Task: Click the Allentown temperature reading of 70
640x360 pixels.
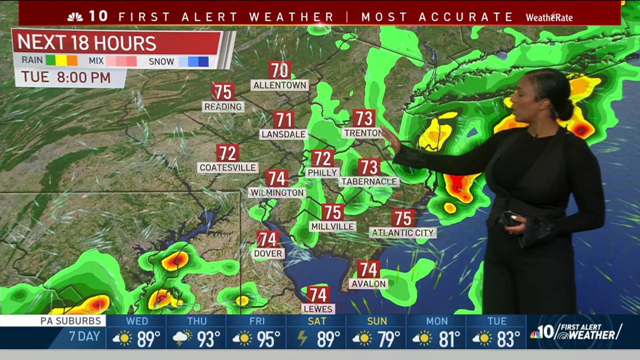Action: [279, 70]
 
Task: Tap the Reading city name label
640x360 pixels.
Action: [223, 107]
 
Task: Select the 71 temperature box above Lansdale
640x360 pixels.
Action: [284, 119]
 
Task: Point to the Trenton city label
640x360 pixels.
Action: [363, 132]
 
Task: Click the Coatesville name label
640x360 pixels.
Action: [228, 167]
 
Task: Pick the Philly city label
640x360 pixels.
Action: [323, 172]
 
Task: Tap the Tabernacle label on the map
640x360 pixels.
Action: [369, 181]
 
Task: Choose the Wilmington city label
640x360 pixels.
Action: [277, 192]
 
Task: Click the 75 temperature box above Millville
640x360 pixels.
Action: [333, 212]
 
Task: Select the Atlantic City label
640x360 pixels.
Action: [403, 233]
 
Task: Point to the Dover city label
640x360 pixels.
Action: [268, 253]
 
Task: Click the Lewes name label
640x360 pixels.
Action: [318, 309]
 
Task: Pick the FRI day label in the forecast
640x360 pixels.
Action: [257, 321]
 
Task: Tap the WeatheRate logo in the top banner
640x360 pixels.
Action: [549, 17]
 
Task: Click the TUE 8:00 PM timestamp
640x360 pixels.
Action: [67, 78]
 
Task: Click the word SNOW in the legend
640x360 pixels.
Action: [161, 61]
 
